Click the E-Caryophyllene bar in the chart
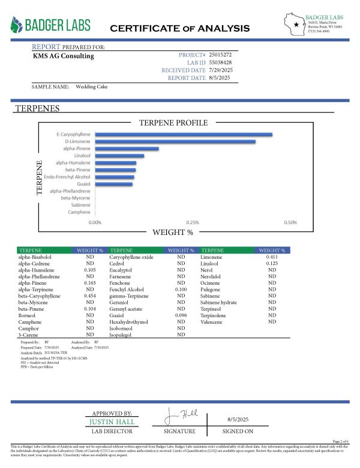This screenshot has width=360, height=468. pyautogui.click(x=183, y=134)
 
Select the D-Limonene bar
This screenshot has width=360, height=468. pyautogui.click(x=175, y=142)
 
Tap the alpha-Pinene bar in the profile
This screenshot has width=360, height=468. pyautogui.click(x=126, y=148)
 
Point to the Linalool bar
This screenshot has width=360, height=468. pyautogui.click(x=119, y=156)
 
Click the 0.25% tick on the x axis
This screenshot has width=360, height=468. pyautogui.click(x=193, y=222)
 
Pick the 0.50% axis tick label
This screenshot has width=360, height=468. pyautogui.click(x=290, y=222)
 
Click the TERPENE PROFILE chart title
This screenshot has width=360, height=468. pyautogui.click(x=173, y=123)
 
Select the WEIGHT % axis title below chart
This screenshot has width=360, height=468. pyautogui.click(x=173, y=232)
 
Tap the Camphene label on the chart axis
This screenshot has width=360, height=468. pyautogui.click(x=79, y=212)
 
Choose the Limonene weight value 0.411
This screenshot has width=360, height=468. pyautogui.click(x=272, y=257)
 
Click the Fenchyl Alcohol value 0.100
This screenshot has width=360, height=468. pyautogui.click(x=181, y=290)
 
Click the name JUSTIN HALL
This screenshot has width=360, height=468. pyautogui.click(x=112, y=422)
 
